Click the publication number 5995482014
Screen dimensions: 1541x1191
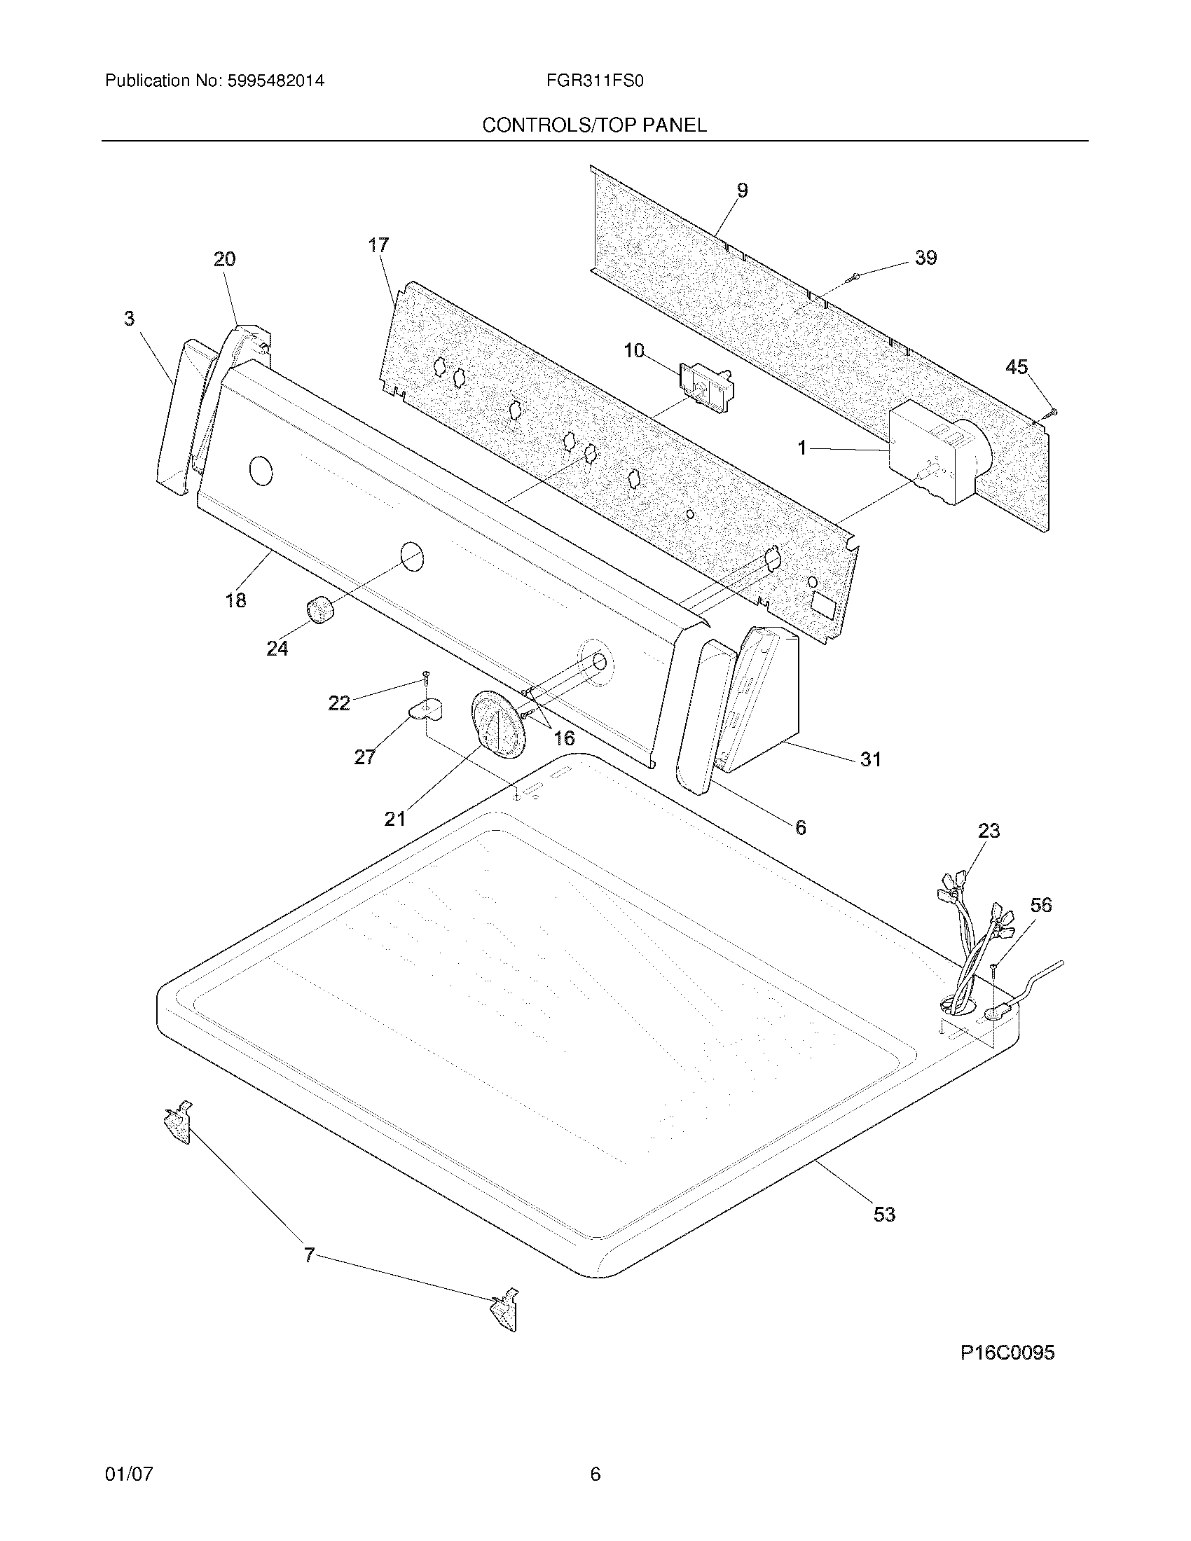coord(275,81)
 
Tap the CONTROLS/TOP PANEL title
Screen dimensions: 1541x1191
coord(594,125)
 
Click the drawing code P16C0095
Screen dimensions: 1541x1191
coord(1007,1353)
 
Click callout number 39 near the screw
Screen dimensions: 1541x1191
coord(925,258)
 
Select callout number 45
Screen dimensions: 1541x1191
coord(1016,367)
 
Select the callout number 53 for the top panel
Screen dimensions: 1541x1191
coord(884,1215)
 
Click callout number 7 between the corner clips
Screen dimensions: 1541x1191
coord(309,1255)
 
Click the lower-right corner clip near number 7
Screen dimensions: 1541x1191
coord(505,1311)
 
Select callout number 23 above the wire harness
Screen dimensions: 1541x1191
coord(989,831)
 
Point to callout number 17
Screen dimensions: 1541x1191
coord(378,246)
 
